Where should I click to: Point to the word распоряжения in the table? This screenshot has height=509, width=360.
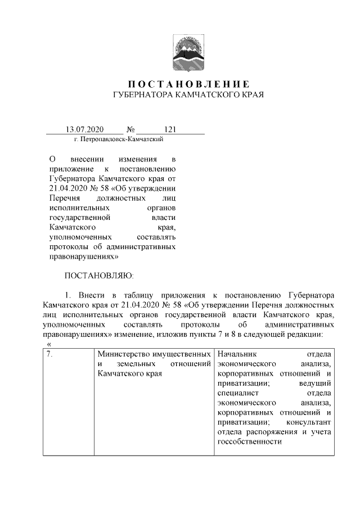tap(271, 432)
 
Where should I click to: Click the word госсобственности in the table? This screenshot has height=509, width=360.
tap(249, 442)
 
